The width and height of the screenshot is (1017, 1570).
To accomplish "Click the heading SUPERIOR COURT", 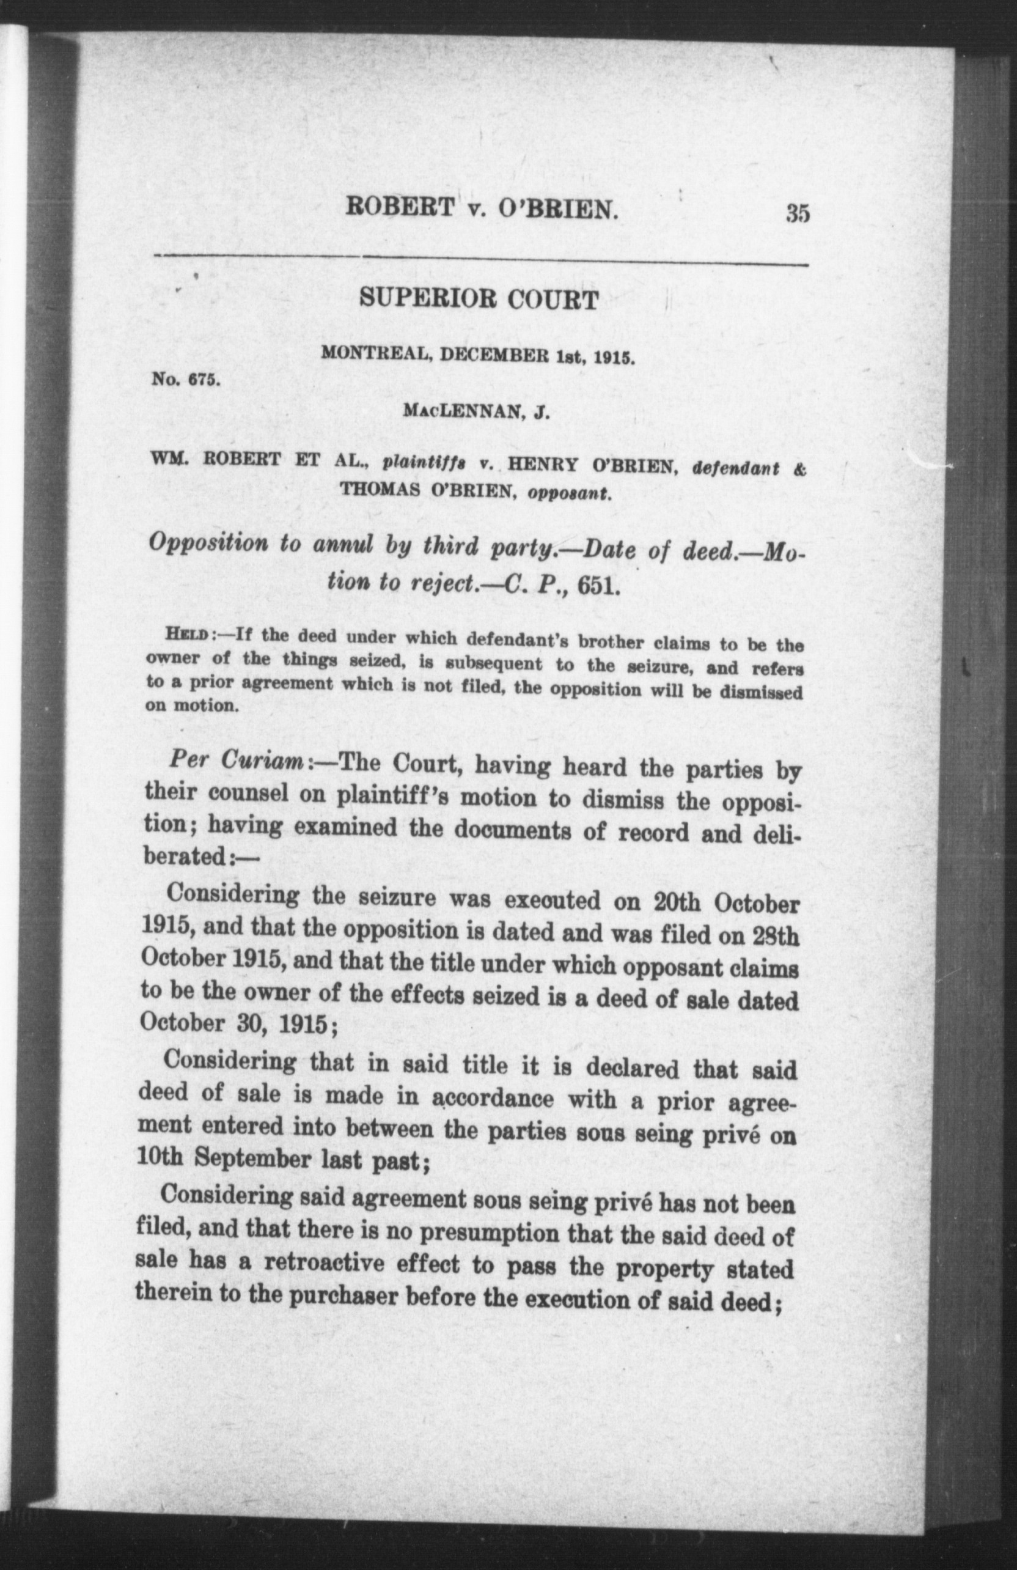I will click(479, 300).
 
